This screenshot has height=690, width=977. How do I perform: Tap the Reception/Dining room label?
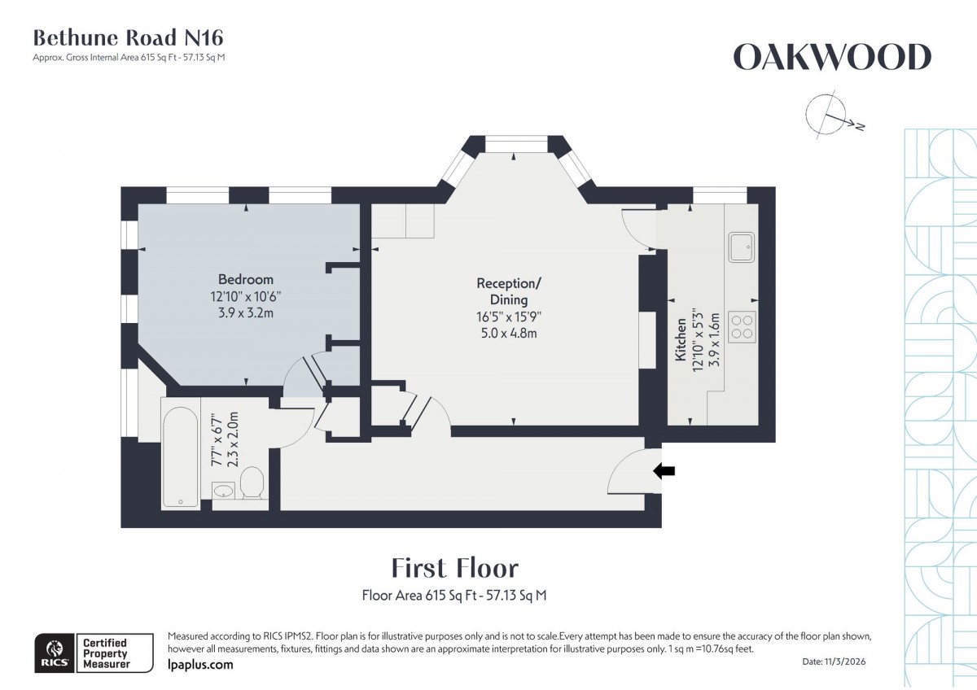(x=508, y=291)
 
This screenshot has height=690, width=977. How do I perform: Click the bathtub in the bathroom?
(x=180, y=454)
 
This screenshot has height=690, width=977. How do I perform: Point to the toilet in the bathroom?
(x=252, y=484)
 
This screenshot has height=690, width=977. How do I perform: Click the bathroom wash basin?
(x=224, y=490)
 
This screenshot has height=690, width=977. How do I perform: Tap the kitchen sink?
(x=741, y=247)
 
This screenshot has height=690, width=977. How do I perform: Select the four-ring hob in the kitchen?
(x=741, y=326)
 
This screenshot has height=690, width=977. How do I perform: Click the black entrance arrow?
(x=665, y=469)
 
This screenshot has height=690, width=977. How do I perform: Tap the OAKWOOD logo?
(x=831, y=57)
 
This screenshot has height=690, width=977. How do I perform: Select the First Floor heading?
(x=454, y=567)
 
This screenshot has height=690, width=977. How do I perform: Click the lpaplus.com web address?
(x=199, y=665)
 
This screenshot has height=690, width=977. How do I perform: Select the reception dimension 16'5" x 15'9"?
(x=508, y=317)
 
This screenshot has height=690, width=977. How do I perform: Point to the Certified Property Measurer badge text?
(x=105, y=653)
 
